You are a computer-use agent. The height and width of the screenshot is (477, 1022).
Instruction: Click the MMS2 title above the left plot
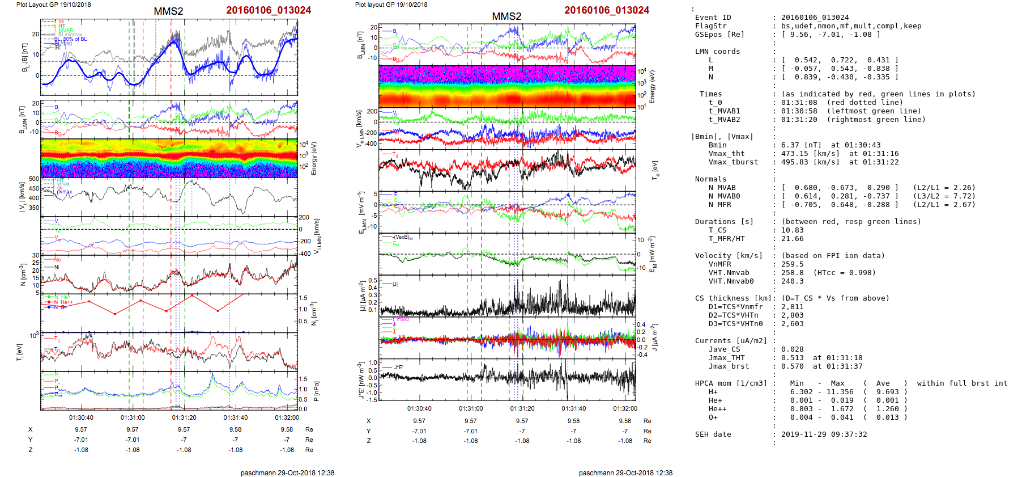click(x=168, y=11)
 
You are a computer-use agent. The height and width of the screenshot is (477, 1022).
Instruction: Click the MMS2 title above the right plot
click(x=506, y=16)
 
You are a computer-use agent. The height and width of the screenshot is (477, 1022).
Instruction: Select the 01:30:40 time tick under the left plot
click(x=81, y=417)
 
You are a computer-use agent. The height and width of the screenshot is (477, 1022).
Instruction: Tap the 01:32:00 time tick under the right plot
click(x=625, y=408)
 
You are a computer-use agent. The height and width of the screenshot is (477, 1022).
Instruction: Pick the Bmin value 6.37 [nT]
click(x=799, y=145)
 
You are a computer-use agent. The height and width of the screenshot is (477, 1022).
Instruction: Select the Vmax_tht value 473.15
click(x=795, y=154)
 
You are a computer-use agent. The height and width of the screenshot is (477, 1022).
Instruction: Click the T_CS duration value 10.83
click(x=792, y=230)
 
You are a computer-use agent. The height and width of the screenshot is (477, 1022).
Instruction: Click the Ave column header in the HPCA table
click(x=883, y=383)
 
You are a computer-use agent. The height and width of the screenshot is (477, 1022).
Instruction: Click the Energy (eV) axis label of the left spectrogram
click(x=314, y=158)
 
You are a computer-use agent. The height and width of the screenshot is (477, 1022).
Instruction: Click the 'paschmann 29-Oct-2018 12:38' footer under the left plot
click(x=287, y=472)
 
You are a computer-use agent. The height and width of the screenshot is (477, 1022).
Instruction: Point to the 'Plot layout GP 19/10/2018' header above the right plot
click(x=391, y=5)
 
